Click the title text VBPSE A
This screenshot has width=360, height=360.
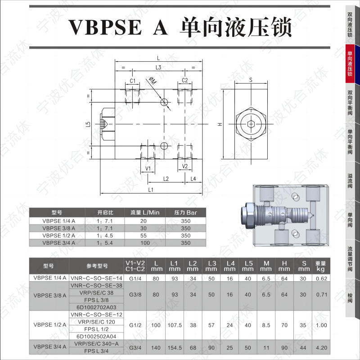(x=118, y=27)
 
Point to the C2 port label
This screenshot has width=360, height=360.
(x=184, y=81)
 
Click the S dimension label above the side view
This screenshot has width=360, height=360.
(x=251, y=80)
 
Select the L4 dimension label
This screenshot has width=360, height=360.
(x=193, y=179)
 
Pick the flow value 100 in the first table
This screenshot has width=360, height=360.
(x=144, y=243)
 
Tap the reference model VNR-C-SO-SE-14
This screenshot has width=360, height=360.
(x=97, y=278)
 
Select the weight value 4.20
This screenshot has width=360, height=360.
(x=321, y=347)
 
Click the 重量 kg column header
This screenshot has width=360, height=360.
(x=320, y=266)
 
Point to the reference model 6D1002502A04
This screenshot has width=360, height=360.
(x=97, y=336)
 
